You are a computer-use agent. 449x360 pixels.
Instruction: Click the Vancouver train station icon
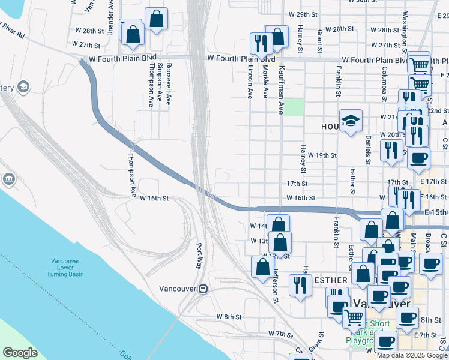203,289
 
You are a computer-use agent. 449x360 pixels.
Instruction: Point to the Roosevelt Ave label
169,84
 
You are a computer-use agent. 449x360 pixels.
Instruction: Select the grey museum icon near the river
8,179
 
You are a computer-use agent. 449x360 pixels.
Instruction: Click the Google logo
20,353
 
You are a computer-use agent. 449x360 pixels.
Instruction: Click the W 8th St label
229,316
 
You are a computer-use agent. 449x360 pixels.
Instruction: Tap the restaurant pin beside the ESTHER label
300,286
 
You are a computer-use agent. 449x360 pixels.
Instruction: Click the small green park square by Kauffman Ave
294,107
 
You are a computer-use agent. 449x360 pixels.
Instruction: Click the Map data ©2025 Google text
411,355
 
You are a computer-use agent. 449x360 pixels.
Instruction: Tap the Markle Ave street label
265,83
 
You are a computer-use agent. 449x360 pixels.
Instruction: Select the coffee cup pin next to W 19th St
418,158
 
